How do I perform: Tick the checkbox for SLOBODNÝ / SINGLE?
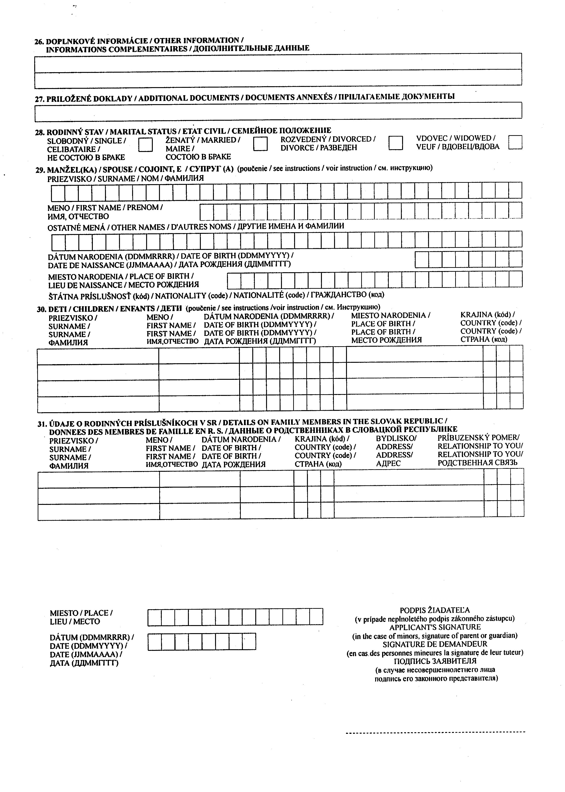[145, 144]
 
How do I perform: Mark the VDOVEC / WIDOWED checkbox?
[515, 142]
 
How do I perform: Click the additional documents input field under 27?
[278, 110]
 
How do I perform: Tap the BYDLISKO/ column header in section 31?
[396, 438]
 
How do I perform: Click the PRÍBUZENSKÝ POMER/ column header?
[478, 437]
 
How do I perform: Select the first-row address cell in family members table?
[409, 478]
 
